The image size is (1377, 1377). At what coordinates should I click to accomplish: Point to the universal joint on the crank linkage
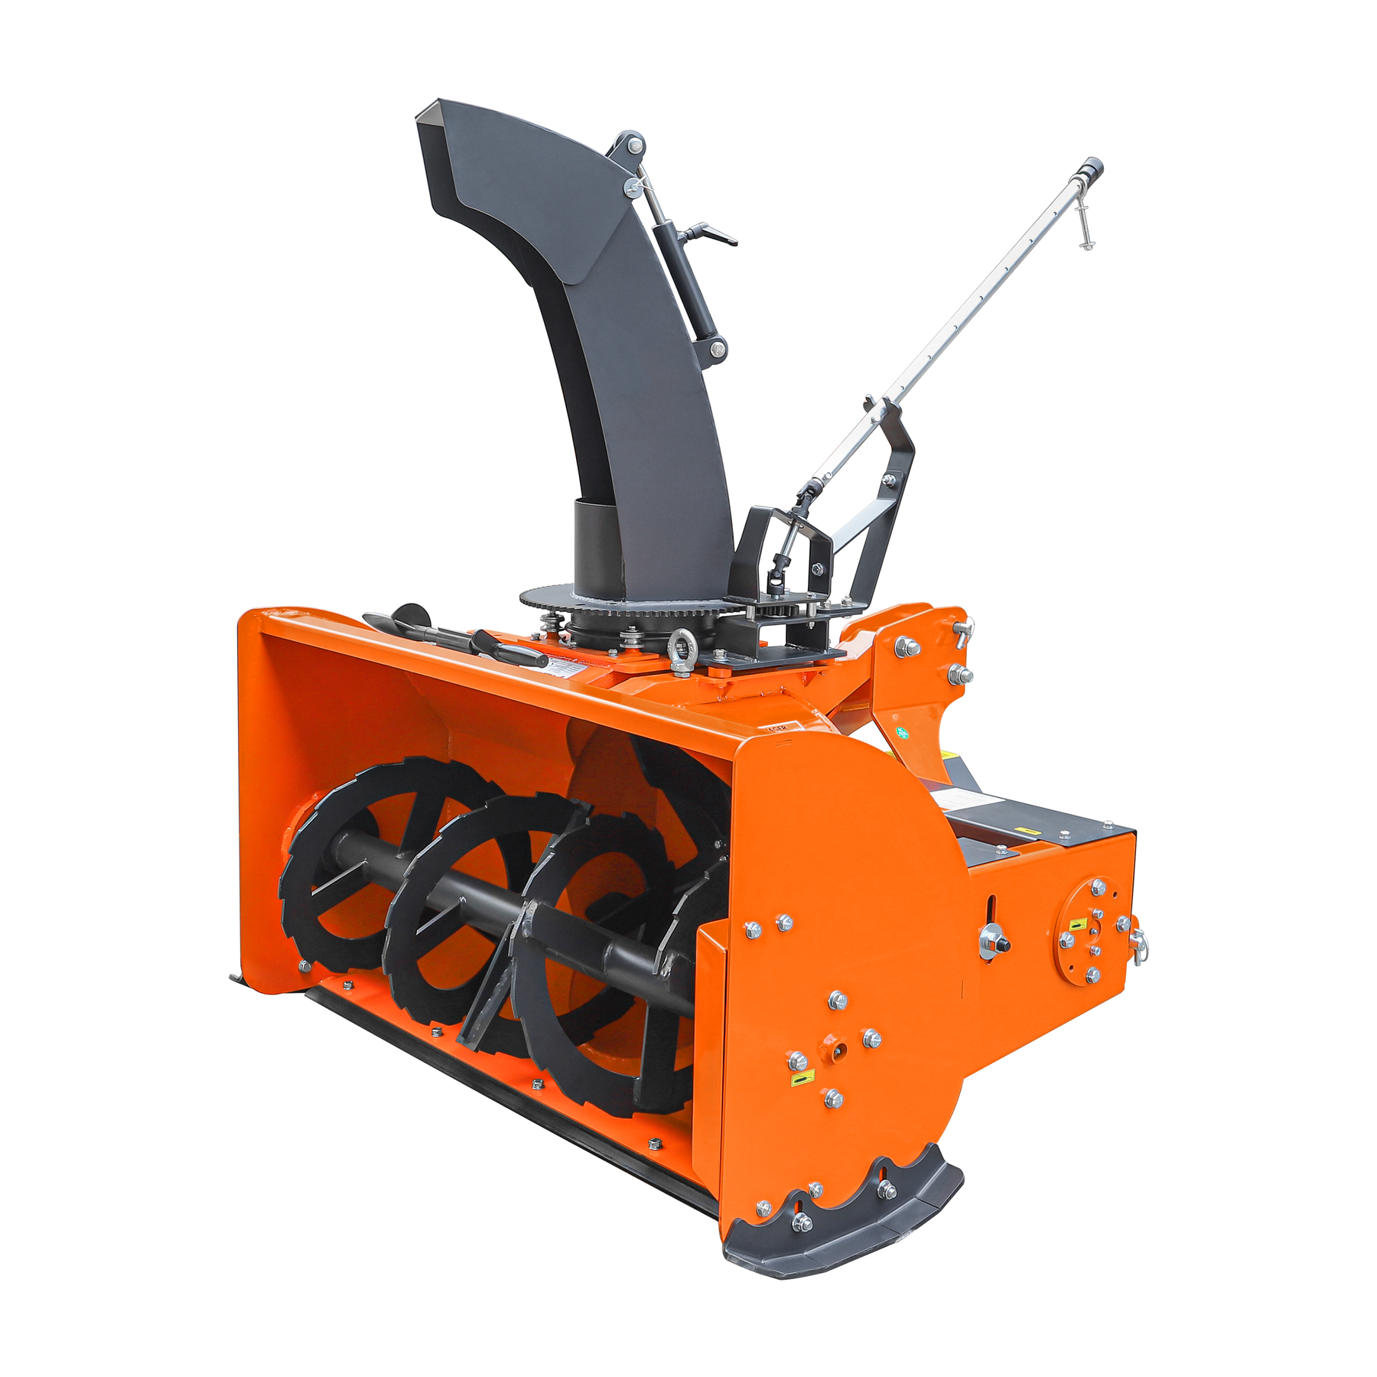click(x=780, y=566)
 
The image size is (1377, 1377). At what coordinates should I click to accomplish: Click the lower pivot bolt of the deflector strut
click(x=718, y=350)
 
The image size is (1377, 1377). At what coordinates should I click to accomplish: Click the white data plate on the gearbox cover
click(x=956, y=799)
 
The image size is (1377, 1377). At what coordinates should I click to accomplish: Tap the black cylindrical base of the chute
click(x=597, y=543)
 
